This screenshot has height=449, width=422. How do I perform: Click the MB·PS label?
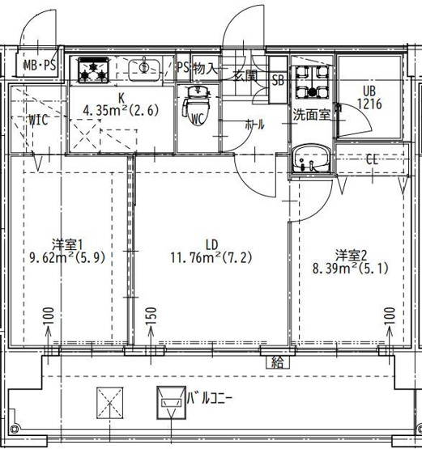click(x=40, y=66)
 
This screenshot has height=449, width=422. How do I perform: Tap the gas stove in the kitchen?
click(x=93, y=70)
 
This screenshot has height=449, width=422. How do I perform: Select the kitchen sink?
click(x=144, y=70)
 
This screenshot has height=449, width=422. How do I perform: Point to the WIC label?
click(x=38, y=120)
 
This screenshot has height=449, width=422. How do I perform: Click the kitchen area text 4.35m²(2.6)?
click(x=121, y=110)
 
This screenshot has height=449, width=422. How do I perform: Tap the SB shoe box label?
click(x=278, y=80)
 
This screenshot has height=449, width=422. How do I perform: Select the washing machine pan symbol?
click(x=312, y=82)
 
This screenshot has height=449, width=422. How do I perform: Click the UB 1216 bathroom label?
click(x=369, y=98)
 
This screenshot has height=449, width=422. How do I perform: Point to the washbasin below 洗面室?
click(x=311, y=159)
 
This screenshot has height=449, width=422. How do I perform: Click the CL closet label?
click(x=372, y=159)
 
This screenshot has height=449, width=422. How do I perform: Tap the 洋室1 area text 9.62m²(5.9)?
click(x=67, y=258)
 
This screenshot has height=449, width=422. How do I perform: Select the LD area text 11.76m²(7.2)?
click(x=211, y=257)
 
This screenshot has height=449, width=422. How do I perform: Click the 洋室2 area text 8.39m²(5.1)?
click(x=351, y=269)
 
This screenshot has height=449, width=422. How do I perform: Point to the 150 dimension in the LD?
click(x=151, y=316)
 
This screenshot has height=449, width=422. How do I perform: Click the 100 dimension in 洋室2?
click(x=390, y=316)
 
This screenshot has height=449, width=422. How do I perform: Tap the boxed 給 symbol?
click(x=278, y=362)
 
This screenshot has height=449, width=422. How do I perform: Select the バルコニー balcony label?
click(x=209, y=398)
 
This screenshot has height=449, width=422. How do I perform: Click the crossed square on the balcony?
click(x=110, y=403)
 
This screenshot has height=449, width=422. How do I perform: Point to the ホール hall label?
click(x=254, y=125)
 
